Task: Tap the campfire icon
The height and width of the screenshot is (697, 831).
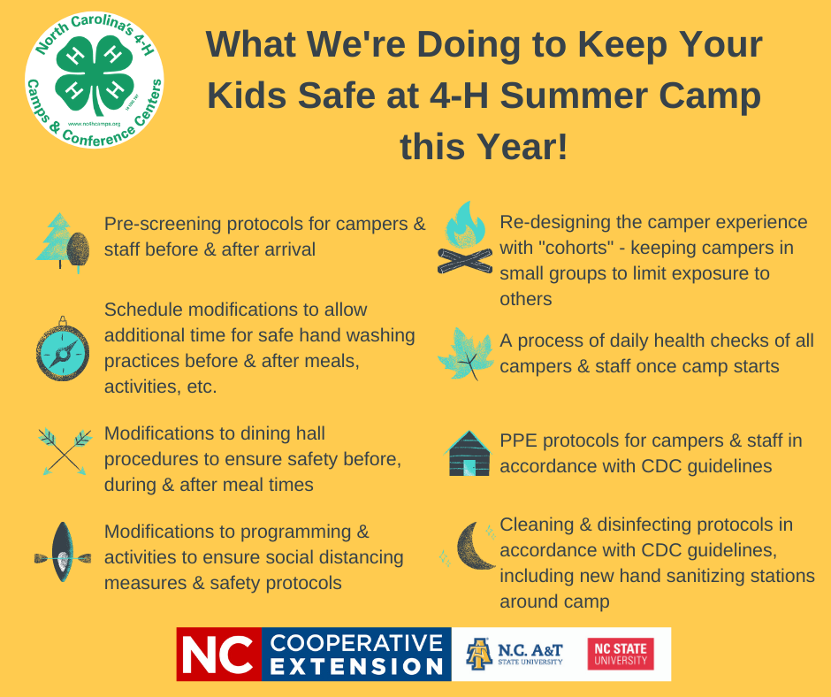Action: click(465, 238)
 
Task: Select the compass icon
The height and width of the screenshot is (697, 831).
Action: click(63, 348)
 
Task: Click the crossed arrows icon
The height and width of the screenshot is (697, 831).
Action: click(65, 451)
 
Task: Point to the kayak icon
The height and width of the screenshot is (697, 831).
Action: click(63, 552)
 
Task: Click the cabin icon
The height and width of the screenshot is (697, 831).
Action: click(468, 454)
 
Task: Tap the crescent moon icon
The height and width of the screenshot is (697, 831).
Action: click(473, 546)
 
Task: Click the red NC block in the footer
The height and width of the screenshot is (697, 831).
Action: click(219, 654)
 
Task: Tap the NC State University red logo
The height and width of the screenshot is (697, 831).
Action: click(621, 654)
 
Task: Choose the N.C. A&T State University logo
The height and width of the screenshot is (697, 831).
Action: click(515, 654)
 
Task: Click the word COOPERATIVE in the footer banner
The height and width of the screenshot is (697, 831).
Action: click(356, 642)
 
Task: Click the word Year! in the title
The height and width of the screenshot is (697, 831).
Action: click(522, 147)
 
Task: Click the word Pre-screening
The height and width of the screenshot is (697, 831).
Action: click(162, 225)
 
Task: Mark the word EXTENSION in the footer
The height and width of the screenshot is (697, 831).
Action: click(356, 666)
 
